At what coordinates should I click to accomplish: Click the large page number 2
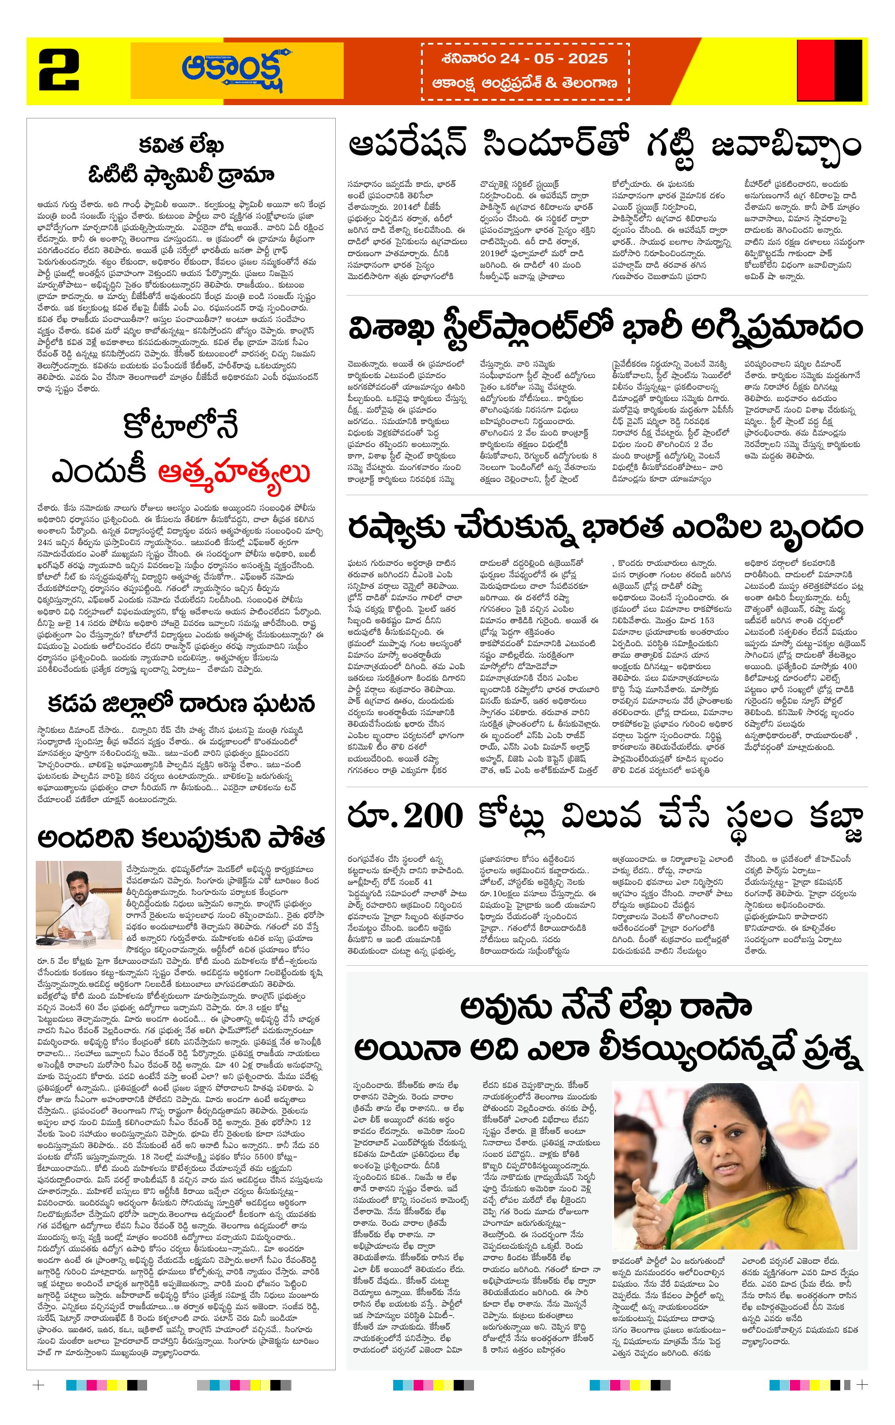[59, 70]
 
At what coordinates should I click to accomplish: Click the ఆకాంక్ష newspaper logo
[237, 70]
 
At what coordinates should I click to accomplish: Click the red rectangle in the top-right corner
[815, 70]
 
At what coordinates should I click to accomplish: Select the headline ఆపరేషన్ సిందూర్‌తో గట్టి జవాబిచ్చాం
[604, 146]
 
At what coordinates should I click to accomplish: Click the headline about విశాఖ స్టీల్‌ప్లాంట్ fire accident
[604, 329]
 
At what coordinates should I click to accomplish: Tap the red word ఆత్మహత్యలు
[235, 473]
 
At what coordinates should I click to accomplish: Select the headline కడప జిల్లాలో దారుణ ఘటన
[181, 704]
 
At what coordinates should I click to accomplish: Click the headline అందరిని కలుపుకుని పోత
[181, 838]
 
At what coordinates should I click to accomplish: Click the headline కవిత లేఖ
[181, 144]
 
